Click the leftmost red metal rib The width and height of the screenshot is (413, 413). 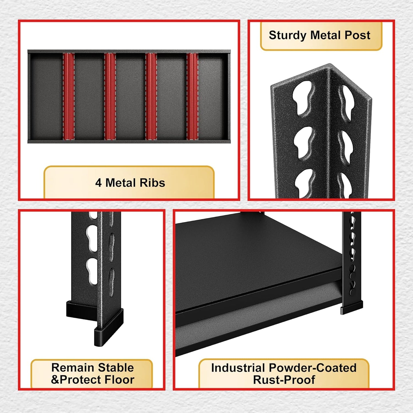click(69, 96)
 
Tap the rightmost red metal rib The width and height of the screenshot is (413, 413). click(193, 96)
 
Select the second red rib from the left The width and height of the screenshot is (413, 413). click(110, 96)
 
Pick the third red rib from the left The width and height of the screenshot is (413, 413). click(151, 96)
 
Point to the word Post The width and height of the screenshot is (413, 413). click(357, 35)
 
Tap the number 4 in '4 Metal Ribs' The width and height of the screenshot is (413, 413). click(98, 183)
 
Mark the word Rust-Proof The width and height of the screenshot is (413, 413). click(284, 380)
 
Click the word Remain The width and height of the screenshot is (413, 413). click(73, 368)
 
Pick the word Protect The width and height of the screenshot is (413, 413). click(81, 380)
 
